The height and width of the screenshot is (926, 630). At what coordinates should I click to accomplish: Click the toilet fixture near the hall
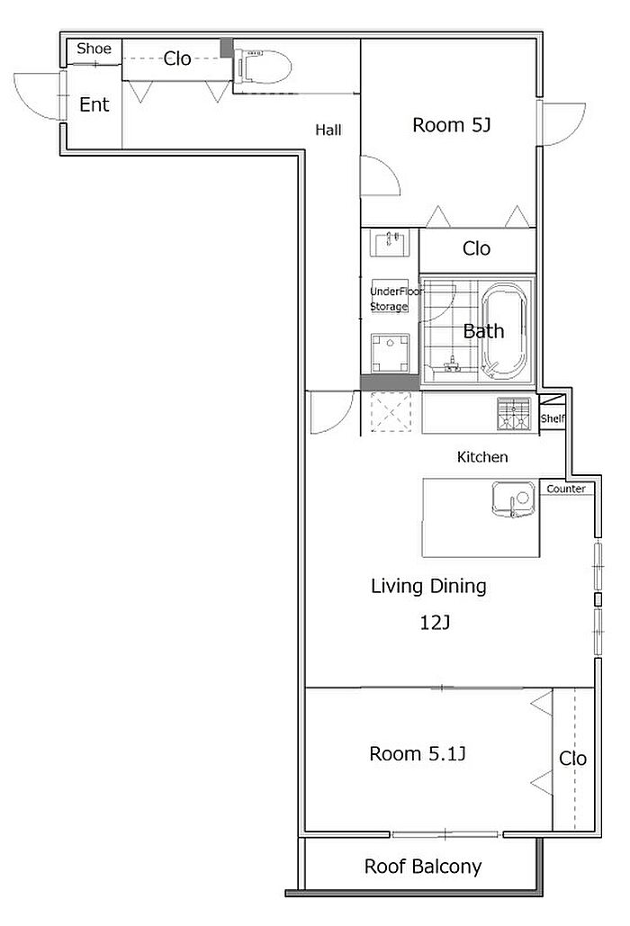coord(263,67)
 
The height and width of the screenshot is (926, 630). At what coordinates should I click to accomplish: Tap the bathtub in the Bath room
coord(504,331)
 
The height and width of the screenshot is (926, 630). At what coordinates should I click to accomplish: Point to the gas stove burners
coord(514,413)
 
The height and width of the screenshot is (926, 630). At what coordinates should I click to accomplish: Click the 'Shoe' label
coord(94,49)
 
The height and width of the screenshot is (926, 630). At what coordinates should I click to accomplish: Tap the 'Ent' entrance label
coord(94,104)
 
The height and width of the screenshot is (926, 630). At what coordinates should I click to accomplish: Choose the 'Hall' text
coord(328,130)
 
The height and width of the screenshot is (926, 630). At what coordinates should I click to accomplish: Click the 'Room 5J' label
coord(451,125)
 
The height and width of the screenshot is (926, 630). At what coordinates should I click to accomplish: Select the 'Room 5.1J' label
coord(418,753)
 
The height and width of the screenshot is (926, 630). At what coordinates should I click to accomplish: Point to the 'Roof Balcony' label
coord(423,867)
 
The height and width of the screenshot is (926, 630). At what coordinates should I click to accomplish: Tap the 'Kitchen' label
coord(482,456)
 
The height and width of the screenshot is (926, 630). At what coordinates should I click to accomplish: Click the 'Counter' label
coord(565,489)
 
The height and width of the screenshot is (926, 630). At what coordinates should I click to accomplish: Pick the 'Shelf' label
coord(553,418)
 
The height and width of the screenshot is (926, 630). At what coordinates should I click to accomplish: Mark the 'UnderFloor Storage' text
coord(396,299)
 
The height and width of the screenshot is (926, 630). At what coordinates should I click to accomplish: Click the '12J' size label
coord(435,622)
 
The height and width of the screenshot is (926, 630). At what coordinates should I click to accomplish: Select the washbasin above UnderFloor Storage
coord(390,243)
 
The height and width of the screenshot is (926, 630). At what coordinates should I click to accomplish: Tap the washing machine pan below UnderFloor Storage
coord(390,353)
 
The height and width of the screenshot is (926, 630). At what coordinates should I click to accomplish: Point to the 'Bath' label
coord(483,331)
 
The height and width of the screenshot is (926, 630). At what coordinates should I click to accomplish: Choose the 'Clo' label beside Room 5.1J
coord(572,759)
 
